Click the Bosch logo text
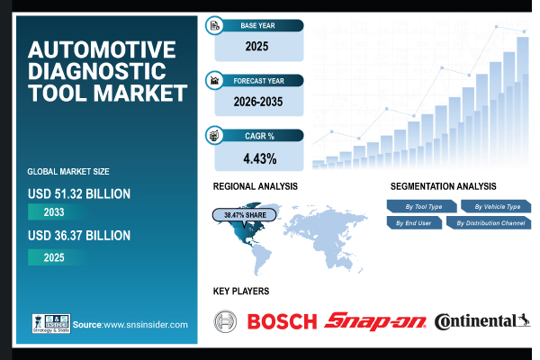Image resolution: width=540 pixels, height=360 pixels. click(x=282, y=321)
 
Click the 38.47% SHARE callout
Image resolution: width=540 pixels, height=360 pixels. click(x=243, y=215)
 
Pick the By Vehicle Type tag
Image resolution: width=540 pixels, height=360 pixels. click(x=496, y=207)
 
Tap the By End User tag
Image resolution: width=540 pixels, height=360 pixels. click(x=413, y=222)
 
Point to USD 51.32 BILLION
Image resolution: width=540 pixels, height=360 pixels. click(x=79, y=193)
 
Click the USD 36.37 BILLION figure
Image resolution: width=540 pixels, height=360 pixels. click(x=79, y=236)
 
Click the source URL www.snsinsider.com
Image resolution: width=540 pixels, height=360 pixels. click(x=144, y=325)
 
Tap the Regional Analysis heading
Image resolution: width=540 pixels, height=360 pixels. click(x=255, y=185)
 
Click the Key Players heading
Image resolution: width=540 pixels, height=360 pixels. click(x=240, y=292)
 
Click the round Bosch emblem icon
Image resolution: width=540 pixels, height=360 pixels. click(x=226, y=321)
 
